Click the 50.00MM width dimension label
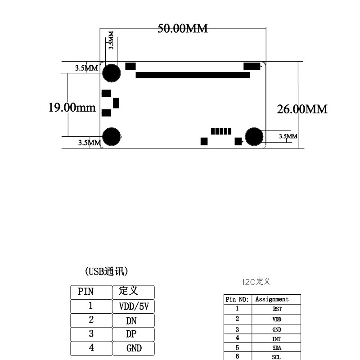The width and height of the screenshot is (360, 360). point(183,28)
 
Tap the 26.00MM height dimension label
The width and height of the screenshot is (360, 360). point(302,109)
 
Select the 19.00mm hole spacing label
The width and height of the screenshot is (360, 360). point(72,108)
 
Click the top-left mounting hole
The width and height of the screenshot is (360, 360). point(111,73)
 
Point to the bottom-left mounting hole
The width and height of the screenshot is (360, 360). point(111,137)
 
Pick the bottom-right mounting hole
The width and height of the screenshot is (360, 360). point(254,137)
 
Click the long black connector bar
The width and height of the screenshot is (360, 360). point(193,75)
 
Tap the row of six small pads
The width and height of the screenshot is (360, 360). point(221,131)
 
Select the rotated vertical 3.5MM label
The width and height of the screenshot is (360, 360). point(111,40)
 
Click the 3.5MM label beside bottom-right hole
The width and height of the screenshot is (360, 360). point(288,136)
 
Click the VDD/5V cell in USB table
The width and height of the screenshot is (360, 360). point(134,306)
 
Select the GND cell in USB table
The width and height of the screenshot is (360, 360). point(134,348)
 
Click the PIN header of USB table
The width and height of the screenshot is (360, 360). point(85,292)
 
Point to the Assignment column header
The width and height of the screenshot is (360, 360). point(272,299)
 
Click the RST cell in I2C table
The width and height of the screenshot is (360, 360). point(277,309)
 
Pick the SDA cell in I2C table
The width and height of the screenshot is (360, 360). point(277,348)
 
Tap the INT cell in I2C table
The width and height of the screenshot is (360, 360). point(276,339)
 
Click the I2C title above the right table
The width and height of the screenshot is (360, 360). point(256,282)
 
